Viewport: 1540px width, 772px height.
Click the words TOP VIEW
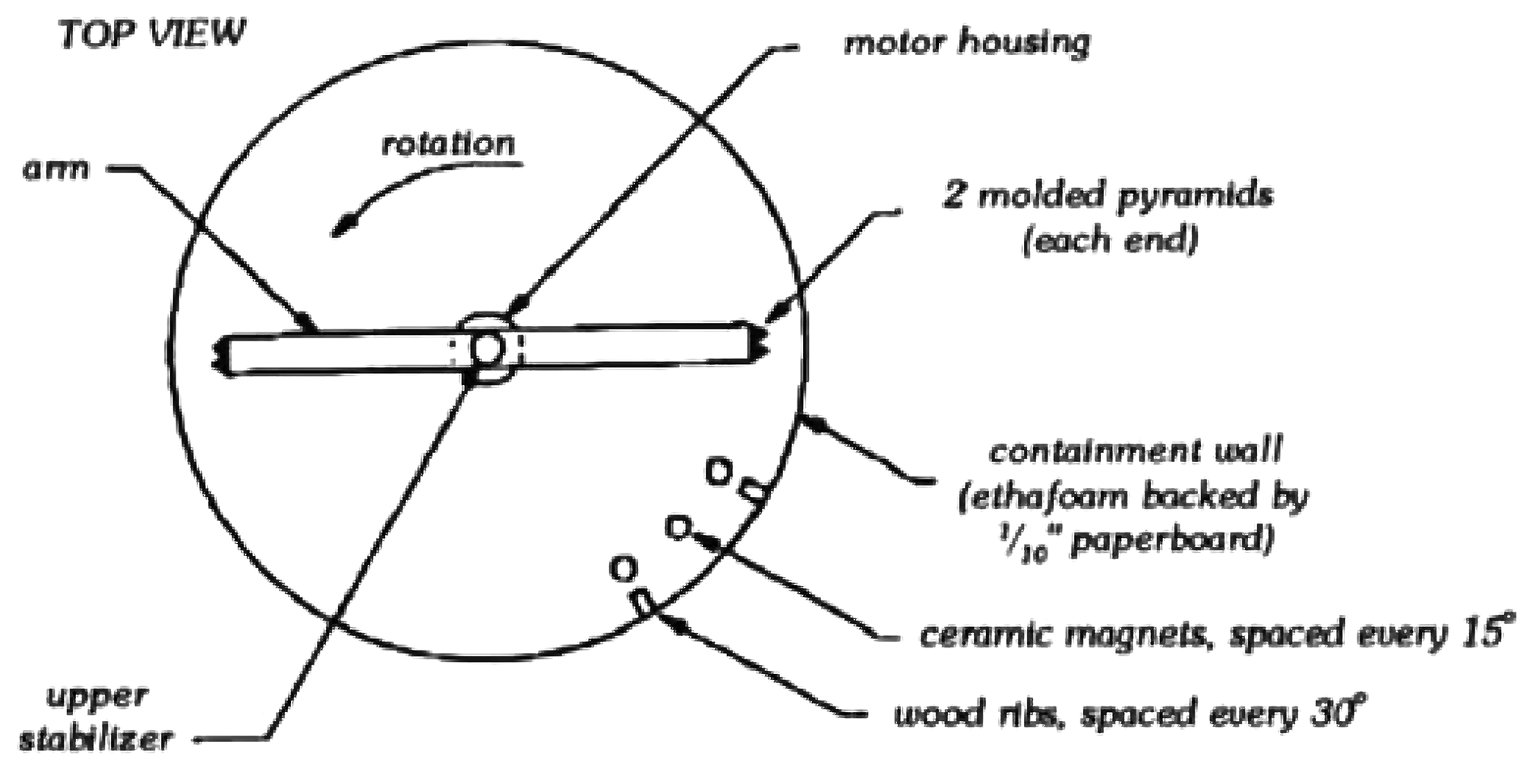pyautogui.click(x=153, y=34)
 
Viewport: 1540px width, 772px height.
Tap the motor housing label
pyautogui.click(x=967, y=42)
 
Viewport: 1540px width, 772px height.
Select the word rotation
pyautogui.click(x=448, y=144)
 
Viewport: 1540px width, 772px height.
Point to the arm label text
pyautogui.click(x=56, y=170)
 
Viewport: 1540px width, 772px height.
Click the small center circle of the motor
pyautogui.click(x=487, y=350)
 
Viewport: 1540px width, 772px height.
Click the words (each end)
pyautogui.click(x=1110, y=241)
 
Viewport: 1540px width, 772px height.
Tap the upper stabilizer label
pyautogui.click(x=96, y=717)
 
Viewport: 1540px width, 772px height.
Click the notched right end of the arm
pyautogui.click(x=759, y=341)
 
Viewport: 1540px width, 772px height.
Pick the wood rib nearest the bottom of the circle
pyautogui.click(x=643, y=603)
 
